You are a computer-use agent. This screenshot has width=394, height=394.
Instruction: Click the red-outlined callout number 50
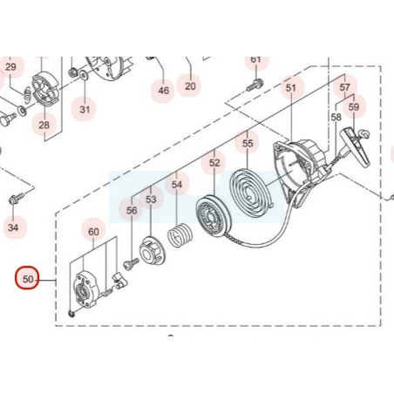[28, 279]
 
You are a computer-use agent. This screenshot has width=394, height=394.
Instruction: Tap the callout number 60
[93, 232]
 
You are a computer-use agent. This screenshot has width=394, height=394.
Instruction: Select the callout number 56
[132, 210]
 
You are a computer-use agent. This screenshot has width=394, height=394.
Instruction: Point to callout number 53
[151, 200]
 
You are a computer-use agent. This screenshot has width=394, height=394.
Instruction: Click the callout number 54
[177, 184]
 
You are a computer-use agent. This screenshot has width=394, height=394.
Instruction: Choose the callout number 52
[214, 162]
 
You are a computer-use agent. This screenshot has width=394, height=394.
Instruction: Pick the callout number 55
[248, 143]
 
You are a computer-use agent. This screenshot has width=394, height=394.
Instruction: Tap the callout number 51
[291, 88]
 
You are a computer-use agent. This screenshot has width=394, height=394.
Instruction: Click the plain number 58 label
[336, 117]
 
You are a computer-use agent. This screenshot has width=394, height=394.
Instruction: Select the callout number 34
[13, 228]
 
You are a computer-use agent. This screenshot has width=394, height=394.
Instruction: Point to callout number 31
[85, 110]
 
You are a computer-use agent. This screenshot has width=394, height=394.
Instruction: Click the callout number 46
[163, 91]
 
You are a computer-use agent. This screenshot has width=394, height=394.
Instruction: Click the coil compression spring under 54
[180, 235]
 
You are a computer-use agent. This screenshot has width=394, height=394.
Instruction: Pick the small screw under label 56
[132, 264]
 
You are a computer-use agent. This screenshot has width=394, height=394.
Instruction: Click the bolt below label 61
[255, 85]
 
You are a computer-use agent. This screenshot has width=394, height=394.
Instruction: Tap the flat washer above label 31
[85, 76]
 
